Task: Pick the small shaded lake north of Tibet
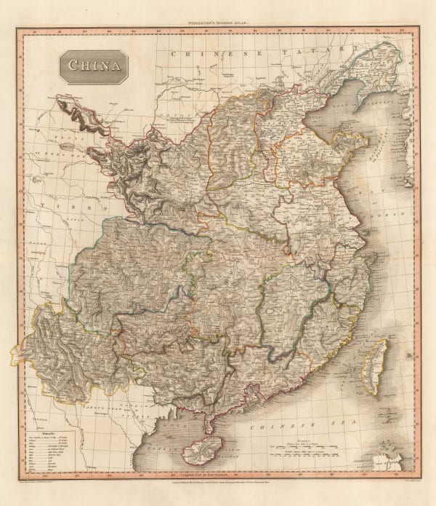67,146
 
